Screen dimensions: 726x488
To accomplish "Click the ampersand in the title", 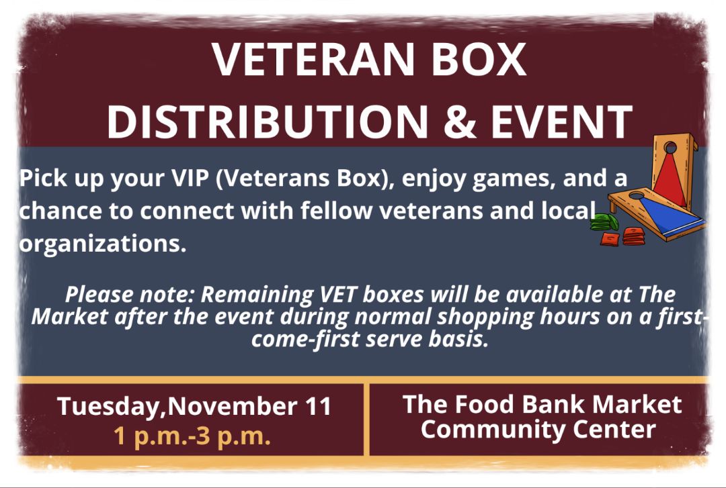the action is tap(459, 121).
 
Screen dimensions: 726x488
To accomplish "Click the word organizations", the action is tap(102, 244).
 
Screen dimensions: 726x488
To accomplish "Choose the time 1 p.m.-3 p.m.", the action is tap(192, 436).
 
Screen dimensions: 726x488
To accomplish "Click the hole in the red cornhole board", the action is tap(670, 148).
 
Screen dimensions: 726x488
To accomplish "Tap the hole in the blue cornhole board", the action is tap(637, 195).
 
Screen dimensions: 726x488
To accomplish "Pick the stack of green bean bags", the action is tap(604, 222).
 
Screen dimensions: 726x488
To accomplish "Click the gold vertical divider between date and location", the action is tap(366, 420).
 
